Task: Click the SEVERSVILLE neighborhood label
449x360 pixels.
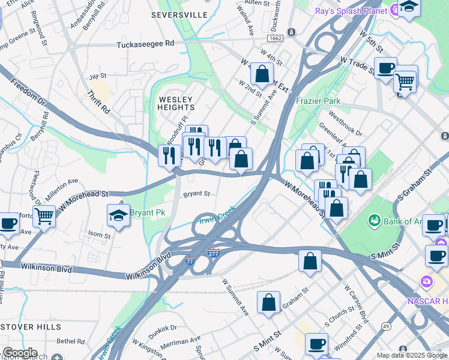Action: pyautogui.click(x=179, y=14)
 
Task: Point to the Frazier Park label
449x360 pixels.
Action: pyautogui.click(x=318, y=101)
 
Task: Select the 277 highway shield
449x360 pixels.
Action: pyautogui.click(x=213, y=253)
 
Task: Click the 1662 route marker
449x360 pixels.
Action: pyautogui.click(x=276, y=38)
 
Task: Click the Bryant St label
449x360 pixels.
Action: pyautogui.click(x=196, y=194)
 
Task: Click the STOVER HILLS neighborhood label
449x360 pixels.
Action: pyautogui.click(x=30, y=327)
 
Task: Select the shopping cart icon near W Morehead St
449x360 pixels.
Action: pyautogui.click(x=44, y=216)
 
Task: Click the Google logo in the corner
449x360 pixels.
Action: pyautogui.click(x=20, y=353)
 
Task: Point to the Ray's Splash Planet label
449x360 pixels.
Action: pyautogui.click(x=351, y=11)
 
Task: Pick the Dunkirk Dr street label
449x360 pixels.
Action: pyautogui.click(x=165, y=328)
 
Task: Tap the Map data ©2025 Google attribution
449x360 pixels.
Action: pyautogui.click(x=411, y=355)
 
